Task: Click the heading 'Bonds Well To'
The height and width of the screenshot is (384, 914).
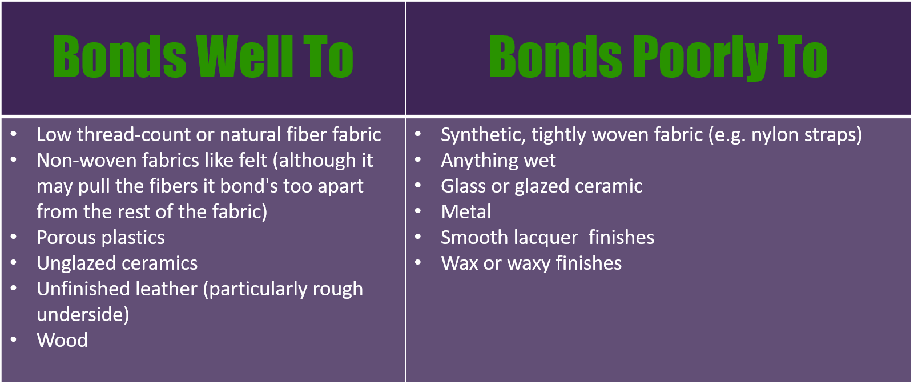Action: coord(203,57)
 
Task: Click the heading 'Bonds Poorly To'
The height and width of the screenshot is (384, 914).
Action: coord(658,57)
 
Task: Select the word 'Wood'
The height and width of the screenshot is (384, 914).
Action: coord(62,340)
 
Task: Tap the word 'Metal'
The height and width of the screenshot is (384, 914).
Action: coord(466,211)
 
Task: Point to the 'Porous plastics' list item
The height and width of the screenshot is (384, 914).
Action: coord(101,238)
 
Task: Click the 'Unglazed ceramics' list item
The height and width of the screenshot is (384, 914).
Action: coord(117,263)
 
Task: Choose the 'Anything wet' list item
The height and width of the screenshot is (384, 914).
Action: coord(498,161)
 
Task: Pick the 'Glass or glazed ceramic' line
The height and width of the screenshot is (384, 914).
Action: coord(542,186)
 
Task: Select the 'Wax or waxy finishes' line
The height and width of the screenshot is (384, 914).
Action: coord(532,263)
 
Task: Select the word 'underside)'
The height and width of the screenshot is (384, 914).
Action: coord(83,315)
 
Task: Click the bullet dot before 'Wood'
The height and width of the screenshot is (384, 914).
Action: coord(14,339)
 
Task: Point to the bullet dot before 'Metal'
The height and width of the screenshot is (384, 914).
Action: coord(418,211)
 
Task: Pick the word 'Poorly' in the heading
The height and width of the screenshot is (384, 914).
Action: coord(701,57)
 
